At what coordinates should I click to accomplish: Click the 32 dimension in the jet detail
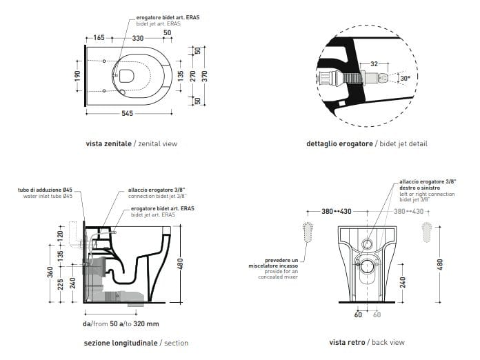coord(374,63)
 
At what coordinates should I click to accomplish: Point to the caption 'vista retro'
coord(348,342)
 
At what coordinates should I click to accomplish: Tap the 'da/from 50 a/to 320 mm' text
coord(121,323)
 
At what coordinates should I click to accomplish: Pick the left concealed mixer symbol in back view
coord(307,233)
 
